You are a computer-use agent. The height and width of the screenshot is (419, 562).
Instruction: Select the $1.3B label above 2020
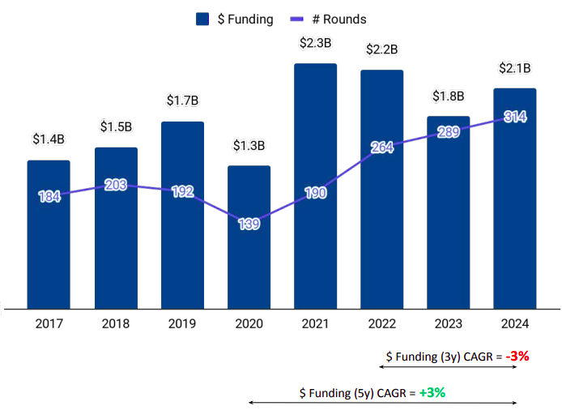click(249, 146)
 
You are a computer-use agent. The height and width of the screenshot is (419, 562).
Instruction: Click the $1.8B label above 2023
click(448, 96)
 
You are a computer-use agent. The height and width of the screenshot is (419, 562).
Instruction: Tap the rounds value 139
click(249, 224)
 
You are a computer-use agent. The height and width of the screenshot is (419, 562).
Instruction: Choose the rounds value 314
click(515, 117)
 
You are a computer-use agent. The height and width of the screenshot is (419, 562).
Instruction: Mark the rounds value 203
click(116, 185)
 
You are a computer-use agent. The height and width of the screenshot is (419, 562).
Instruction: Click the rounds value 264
click(381, 147)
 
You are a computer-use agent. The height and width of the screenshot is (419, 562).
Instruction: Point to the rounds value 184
click(49, 196)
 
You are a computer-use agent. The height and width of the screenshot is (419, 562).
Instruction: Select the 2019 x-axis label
click(182, 324)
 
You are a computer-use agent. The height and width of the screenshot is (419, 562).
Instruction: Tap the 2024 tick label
click(514, 324)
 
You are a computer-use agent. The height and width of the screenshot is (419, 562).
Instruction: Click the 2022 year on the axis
click(381, 324)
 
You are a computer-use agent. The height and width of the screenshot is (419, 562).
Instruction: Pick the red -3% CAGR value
click(517, 356)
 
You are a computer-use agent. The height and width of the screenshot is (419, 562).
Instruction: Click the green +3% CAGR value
click(432, 393)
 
